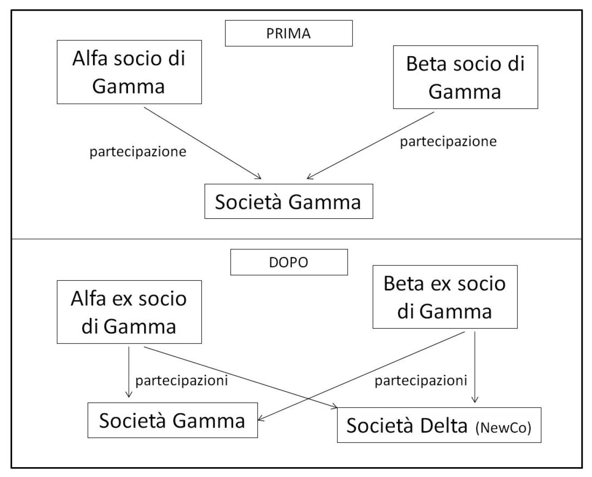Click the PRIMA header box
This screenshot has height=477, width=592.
tap(288, 33)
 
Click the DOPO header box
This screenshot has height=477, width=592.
tap(288, 262)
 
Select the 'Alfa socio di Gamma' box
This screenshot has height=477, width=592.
tap(129, 72)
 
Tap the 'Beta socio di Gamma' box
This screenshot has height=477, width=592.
tap(465, 77)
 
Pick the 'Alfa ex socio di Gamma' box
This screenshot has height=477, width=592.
tap(129, 312)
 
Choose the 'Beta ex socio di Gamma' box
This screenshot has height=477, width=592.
tap(445, 297)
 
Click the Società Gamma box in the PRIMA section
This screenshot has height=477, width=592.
tap(288, 201)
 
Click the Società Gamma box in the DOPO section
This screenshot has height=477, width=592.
tap(172, 420)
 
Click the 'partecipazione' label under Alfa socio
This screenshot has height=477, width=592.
tap(138, 151)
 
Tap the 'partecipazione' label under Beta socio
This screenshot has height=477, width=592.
tap(448, 141)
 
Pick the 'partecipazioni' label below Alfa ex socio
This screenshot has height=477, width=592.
tap(181, 380)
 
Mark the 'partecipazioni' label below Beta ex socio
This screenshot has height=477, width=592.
tap(421, 380)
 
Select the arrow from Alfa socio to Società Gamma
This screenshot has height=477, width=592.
tap(202, 143)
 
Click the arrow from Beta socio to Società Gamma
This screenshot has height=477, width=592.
tap(371, 146)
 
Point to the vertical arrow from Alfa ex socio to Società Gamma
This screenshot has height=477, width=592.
tap(129, 371)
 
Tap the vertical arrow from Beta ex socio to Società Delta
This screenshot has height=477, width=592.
tap(475, 366)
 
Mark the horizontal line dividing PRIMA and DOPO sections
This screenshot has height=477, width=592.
tap(296, 239)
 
